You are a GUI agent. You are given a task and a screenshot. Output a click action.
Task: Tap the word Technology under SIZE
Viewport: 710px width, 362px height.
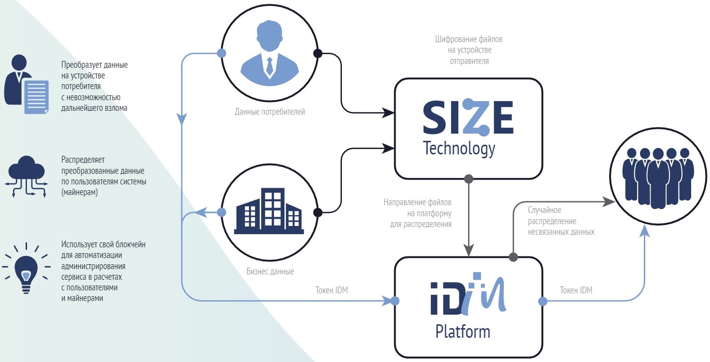pyautogui.click(x=459, y=149)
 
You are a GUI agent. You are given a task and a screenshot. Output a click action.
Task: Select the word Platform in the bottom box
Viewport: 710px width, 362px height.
pyautogui.click(x=462, y=332)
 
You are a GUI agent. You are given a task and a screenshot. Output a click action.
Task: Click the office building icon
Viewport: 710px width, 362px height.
pyautogui.click(x=269, y=211)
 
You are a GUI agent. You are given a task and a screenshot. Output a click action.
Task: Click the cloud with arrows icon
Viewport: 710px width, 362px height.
pyautogui.click(x=26, y=177)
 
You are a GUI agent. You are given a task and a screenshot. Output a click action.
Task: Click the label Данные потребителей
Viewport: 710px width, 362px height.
pyautogui.click(x=270, y=112)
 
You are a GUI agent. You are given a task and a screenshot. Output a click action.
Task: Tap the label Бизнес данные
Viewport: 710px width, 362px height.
pyautogui.click(x=270, y=271)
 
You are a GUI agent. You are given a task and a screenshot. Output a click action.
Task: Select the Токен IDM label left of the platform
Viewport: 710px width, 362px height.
pyautogui.click(x=331, y=290)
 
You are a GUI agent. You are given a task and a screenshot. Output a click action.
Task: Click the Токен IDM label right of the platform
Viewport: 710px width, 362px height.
pyautogui.click(x=576, y=290)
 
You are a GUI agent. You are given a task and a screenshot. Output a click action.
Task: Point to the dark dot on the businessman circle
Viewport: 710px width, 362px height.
pyautogui.click(x=317, y=53)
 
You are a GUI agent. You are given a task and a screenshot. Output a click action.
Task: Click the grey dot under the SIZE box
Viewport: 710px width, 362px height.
pyautogui.click(x=468, y=179)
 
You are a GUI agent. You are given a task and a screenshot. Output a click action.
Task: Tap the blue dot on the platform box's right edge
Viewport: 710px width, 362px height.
pyautogui.click(x=542, y=301)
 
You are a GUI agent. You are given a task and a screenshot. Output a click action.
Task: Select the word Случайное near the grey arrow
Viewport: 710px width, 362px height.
pyautogui.click(x=544, y=210)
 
